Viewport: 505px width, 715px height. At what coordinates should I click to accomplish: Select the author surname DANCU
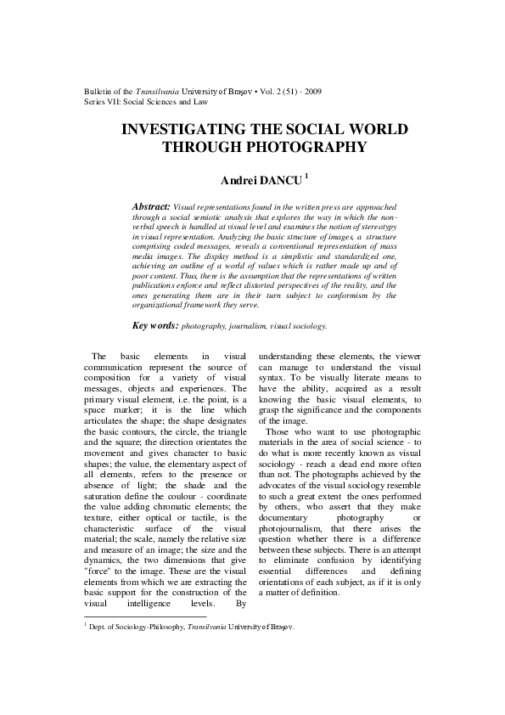coord(278,180)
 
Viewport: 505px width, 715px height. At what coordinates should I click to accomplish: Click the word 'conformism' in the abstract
coord(334,296)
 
